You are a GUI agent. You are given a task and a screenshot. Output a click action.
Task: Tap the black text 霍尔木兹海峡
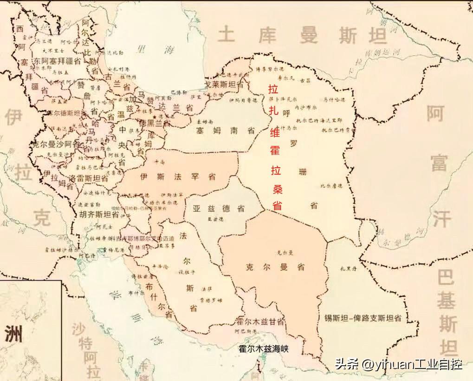[263, 348]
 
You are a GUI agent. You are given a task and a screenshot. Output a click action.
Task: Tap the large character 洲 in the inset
[15, 334]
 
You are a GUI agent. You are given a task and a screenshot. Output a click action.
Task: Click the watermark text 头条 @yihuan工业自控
[398, 364]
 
